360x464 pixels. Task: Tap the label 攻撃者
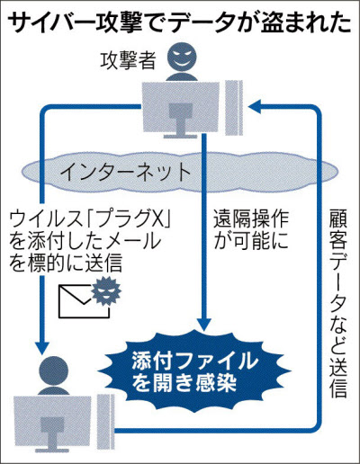click(x=128, y=60)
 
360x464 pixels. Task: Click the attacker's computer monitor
click(x=181, y=110)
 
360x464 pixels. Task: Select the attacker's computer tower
click(x=234, y=108)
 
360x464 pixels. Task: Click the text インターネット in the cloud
click(x=126, y=173)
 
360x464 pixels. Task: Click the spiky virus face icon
click(x=106, y=291)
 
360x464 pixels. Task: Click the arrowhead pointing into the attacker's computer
click(x=256, y=107)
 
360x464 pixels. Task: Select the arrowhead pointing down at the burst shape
click(x=204, y=324)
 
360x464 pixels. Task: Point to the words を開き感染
click(x=184, y=383)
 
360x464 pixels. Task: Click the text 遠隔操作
click(x=251, y=219)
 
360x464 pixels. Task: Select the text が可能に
click(x=251, y=240)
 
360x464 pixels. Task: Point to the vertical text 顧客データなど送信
click(x=338, y=303)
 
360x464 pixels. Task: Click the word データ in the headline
click(x=205, y=23)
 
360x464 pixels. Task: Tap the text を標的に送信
click(x=66, y=263)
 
